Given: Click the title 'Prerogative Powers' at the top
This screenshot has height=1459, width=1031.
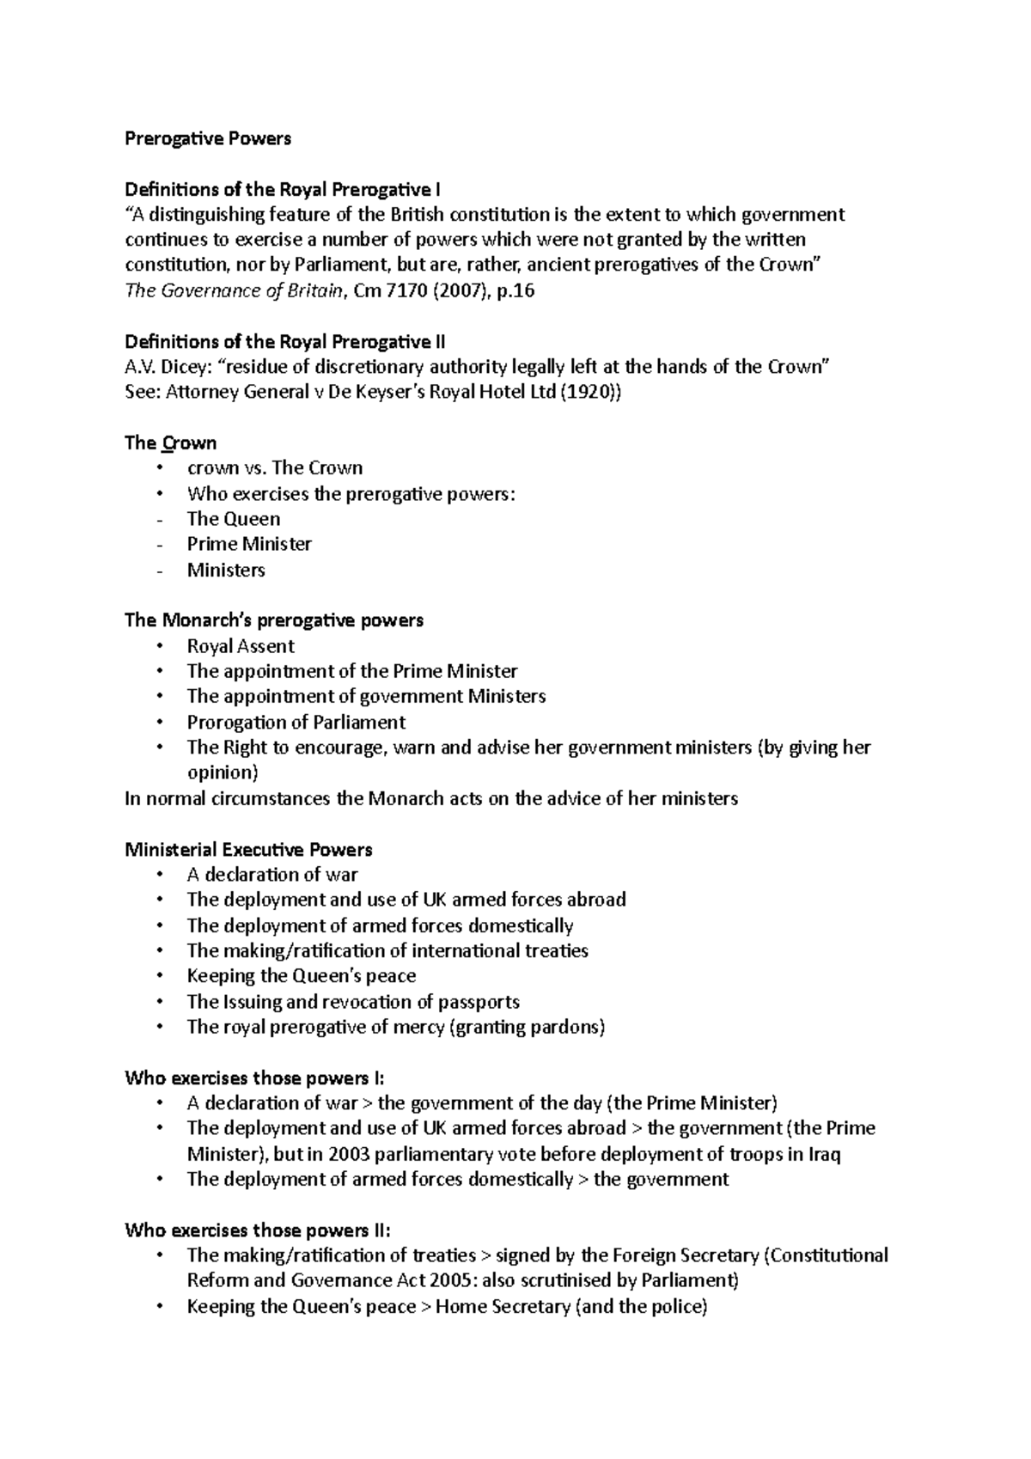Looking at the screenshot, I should pyautogui.click(x=208, y=138).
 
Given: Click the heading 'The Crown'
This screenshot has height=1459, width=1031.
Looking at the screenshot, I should pyautogui.click(x=170, y=443).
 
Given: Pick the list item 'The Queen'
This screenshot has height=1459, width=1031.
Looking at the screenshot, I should pyautogui.click(x=234, y=519).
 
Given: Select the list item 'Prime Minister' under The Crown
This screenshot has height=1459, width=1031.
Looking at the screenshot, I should pyautogui.click(x=249, y=544).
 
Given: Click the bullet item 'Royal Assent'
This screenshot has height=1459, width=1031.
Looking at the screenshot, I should pyautogui.click(x=241, y=646).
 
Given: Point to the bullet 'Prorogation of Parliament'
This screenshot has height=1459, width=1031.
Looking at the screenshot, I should pyautogui.click(x=296, y=722).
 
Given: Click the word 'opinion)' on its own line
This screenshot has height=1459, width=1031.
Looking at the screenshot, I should pyautogui.click(x=223, y=772).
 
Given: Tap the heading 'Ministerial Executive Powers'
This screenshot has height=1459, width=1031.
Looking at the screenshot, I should pyautogui.click(x=248, y=850).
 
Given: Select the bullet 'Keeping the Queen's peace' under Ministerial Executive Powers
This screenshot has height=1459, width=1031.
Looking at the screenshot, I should pyautogui.click(x=301, y=976).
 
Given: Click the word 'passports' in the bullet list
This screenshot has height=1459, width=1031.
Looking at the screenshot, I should pyautogui.click(x=479, y=1002).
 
